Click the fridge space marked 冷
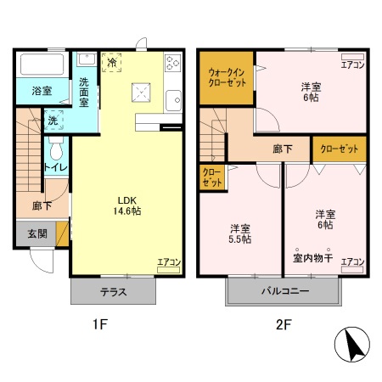pos(111,62)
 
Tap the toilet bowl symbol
pos(55,151)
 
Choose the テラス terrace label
pos(113,292)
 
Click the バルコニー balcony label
pos(283,292)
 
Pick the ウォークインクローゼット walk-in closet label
pos(225,77)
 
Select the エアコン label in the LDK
pos(169,262)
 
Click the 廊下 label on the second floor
pos(283,149)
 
